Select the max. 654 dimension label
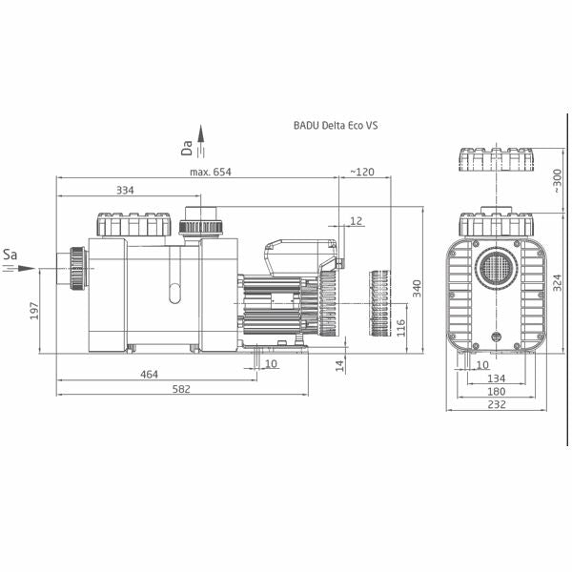click(210, 172)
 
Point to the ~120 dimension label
click(362, 172)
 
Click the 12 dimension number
click(356, 220)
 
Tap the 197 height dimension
click(35, 311)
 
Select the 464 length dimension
click(149, 375)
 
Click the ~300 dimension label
click(557, 180)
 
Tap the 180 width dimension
click(495, 392)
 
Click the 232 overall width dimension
click(495, 405)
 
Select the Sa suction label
click(10, 255)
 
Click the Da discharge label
click(188, 147)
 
